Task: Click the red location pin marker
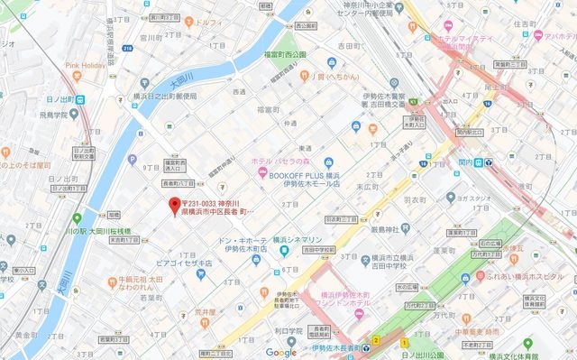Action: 174,206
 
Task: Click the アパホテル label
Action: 553,37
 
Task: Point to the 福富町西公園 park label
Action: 285,53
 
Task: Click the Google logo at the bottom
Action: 281,352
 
